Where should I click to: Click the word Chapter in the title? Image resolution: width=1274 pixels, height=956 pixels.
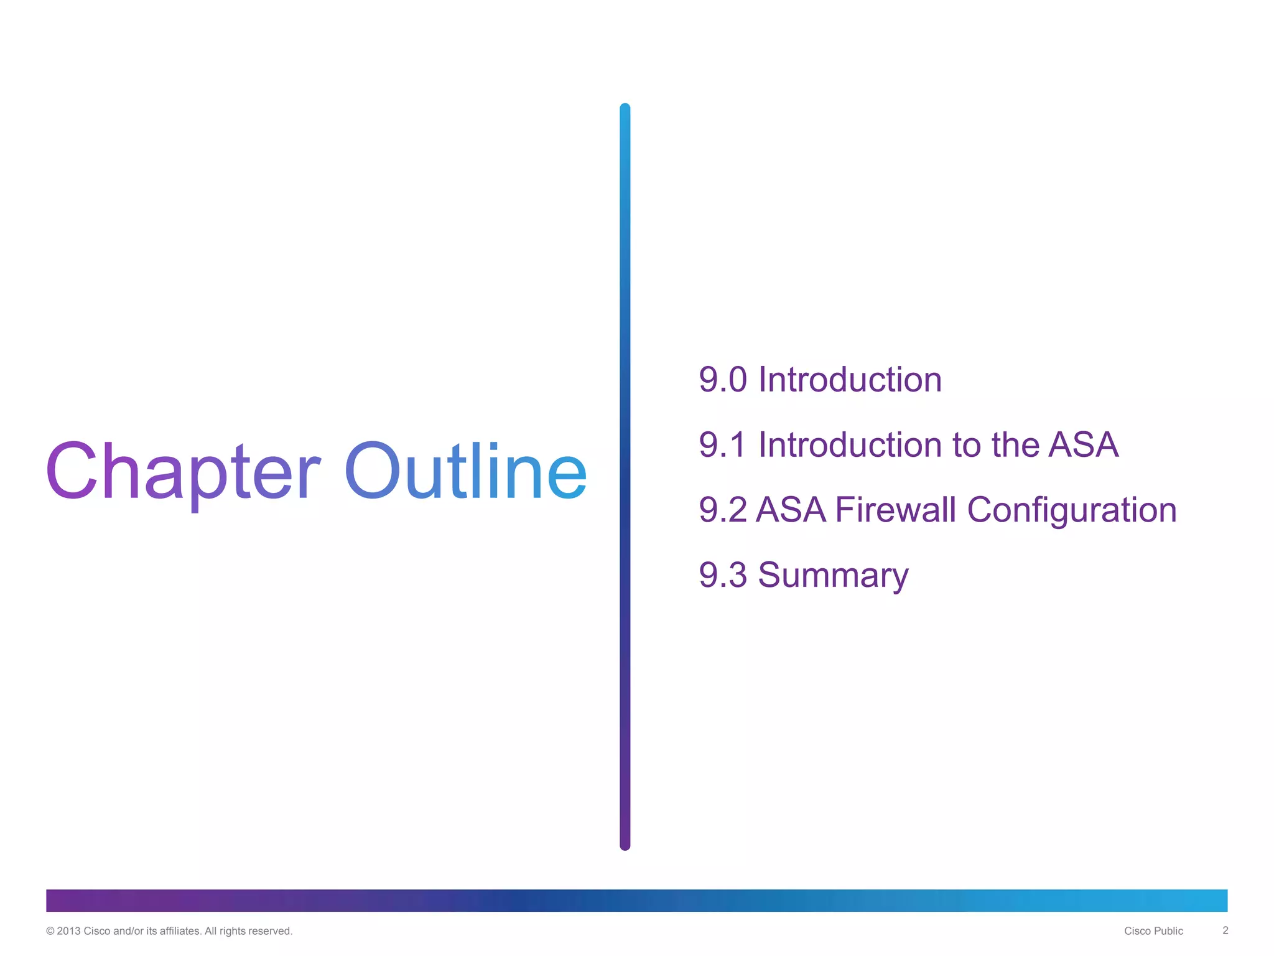(x=183, y=472)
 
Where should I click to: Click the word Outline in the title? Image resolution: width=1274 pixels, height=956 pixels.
(x=465, y=472)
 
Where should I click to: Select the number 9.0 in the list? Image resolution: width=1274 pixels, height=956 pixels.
(x=722, y=380)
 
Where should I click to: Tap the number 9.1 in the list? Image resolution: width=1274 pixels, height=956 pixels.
(x=722, y=445)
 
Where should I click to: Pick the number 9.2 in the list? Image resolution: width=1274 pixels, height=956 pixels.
(x=722, y=510)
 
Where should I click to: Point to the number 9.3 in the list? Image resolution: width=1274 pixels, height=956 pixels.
(x=722, y=574)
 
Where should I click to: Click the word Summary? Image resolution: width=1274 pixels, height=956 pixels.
(x=833, y=576)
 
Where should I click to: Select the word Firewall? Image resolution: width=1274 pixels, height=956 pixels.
(x=895, y=510)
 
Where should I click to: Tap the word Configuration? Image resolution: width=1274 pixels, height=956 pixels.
(x=1072, y=511)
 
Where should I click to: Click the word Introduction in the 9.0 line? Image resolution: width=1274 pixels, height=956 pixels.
(x=850, y=380)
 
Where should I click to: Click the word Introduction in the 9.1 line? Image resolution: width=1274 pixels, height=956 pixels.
(x=850, y=445)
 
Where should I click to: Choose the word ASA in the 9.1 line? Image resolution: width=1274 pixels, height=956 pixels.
(x=1083, y=445)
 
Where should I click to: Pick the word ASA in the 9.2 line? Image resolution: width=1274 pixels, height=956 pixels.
(x=791, y=510)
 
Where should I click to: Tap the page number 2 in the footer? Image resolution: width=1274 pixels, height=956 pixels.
(x=1225, y=930)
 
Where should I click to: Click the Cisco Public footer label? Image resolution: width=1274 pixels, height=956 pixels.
(x=1153, y=931)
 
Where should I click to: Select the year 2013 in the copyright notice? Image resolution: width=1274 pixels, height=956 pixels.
(x=68, y=931)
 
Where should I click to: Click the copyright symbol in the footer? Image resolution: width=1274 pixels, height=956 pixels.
(x=50, y=931)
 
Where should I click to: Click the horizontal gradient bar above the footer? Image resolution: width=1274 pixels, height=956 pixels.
(x=636, y=901)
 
